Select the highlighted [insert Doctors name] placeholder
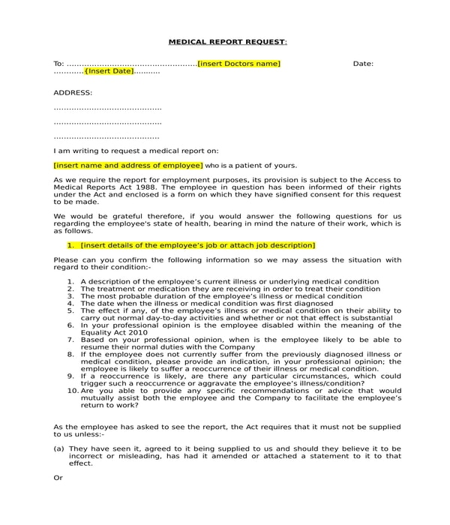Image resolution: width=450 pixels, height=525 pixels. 238,64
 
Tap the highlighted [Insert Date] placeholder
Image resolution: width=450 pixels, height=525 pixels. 109,71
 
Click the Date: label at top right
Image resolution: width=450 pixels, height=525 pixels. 363,64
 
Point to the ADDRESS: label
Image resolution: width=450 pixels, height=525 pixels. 73,92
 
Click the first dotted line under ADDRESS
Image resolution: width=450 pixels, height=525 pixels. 107,108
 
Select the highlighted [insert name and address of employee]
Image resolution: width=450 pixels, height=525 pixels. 128,165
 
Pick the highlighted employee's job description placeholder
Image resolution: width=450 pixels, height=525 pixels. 197,245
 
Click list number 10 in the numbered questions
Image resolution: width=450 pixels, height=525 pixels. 73,391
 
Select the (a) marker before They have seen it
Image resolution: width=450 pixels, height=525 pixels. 58,448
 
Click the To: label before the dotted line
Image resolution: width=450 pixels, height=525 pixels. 59,64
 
